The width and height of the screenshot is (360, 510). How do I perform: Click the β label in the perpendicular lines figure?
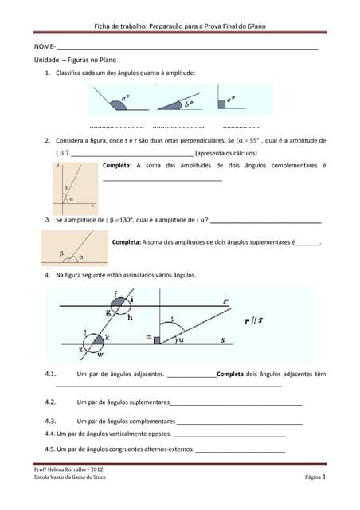tap(66, 186)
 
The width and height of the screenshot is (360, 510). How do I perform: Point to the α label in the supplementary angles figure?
tap(80, 257)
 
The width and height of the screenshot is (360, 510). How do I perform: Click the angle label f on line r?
tap(117, 295)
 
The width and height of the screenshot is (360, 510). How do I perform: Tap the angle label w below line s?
tap(100, 353)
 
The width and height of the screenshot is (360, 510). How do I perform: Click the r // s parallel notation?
tap(254, 319)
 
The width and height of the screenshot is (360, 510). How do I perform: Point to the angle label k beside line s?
tap(107, 339)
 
